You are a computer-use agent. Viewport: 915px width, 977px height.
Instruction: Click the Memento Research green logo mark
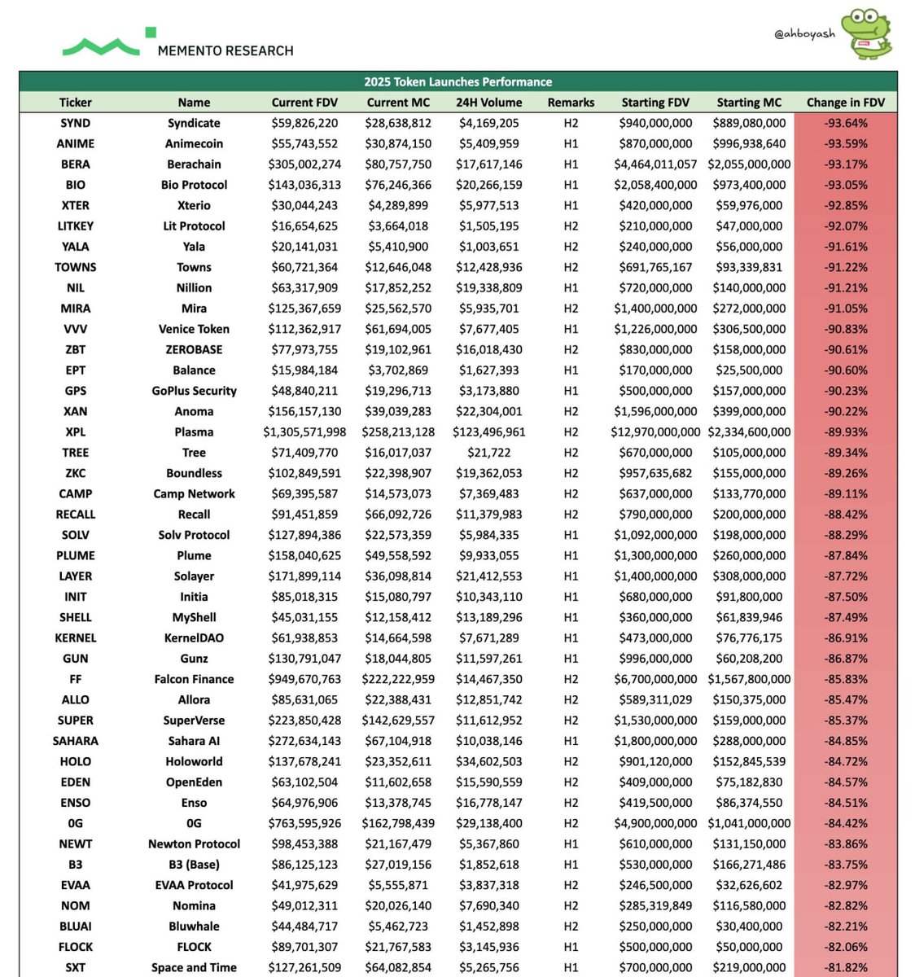click(101, 46)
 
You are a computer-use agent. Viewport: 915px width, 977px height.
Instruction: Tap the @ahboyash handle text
click(804, 34)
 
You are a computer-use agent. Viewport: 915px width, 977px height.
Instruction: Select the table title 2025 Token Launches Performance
click(457, 81)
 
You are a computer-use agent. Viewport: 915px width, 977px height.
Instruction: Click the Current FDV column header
click(304, 103)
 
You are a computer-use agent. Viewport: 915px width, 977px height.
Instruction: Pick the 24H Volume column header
click(488, 103)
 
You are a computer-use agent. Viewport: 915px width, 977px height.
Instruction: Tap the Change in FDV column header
click(845, 103)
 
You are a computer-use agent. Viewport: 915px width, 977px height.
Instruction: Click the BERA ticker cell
click(76, 164)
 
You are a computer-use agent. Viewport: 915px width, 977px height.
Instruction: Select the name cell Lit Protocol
click(194, 226)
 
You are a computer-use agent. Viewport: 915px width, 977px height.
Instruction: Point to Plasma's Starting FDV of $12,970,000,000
click(655, 432)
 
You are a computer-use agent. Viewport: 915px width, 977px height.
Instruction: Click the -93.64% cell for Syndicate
click(845, 123)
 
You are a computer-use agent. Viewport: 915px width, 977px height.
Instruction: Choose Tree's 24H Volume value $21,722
click(488, 453)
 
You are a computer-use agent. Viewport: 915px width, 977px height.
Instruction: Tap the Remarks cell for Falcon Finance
click(571, 679)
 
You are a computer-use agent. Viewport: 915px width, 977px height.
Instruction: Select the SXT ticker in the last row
click(76, 967)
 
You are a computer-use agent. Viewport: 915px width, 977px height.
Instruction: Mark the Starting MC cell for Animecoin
click(749, 144)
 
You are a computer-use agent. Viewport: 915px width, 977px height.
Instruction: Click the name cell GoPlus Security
click(194, 391)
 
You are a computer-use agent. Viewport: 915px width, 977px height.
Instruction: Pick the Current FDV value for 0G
click(304, 823)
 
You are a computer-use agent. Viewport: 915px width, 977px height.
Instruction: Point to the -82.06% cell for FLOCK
click(845, 947)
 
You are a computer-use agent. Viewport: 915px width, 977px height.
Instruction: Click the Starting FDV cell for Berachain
click(655, 164)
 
